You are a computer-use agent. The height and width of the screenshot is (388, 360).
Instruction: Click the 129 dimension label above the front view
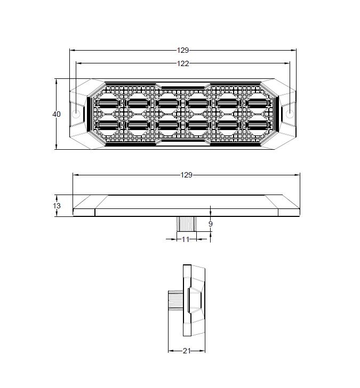pos(183,50)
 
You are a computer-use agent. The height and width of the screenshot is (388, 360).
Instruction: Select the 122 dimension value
pos(183,63)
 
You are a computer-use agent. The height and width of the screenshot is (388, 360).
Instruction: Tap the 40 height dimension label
pos(57,114)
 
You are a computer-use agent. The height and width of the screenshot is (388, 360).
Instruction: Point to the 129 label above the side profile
pos(187,175)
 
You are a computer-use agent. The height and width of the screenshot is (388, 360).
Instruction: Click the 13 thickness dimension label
pos(57,206)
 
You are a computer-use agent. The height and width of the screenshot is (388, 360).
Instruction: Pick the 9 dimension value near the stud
pos(211,224)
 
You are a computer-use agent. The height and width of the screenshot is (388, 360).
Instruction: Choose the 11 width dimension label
pos(186,239)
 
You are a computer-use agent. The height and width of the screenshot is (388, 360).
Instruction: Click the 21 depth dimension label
pos(187,351)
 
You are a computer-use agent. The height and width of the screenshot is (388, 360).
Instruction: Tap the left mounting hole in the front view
pos(76,114)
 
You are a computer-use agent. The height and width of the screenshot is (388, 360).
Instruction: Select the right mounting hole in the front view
pos(290,114)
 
